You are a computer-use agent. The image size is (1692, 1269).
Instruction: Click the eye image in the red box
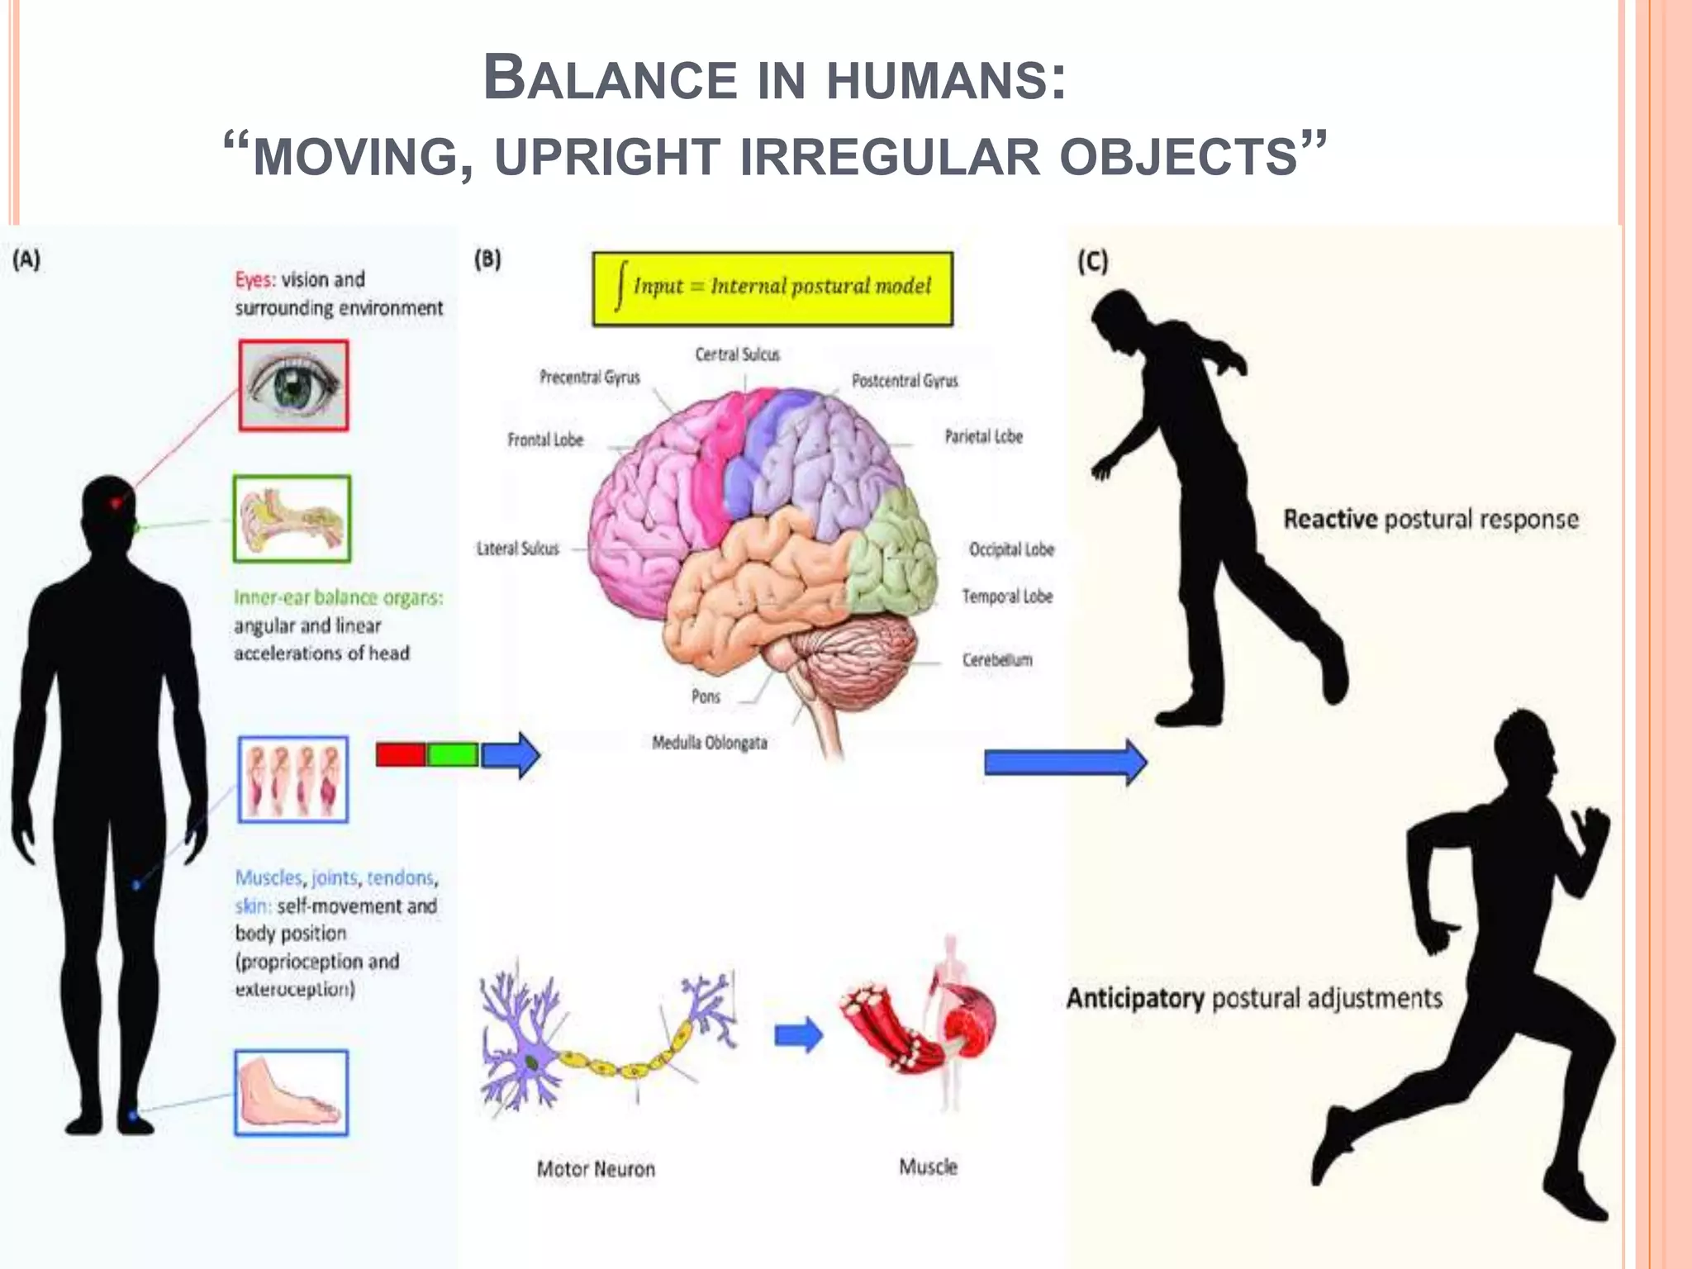pos(293,386)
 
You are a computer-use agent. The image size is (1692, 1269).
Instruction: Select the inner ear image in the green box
pos(292,519)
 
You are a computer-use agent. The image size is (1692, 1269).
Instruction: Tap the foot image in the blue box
pos(291,1093)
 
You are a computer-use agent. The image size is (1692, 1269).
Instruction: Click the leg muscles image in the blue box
pos(293,779)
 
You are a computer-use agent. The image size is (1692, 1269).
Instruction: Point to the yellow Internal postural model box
pos(772,288)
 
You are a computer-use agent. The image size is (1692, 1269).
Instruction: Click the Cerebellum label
pos(997,659)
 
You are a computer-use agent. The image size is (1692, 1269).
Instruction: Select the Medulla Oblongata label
pos(709,743)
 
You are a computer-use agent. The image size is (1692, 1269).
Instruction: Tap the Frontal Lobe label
pos(545,440)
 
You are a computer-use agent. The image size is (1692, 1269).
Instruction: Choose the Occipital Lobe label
pos(1011,549)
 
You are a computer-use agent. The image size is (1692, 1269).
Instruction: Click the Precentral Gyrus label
pos(589,378)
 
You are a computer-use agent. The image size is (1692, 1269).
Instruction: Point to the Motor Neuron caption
pos(596,1169)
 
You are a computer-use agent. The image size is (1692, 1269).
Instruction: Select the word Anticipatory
pos(1135,998)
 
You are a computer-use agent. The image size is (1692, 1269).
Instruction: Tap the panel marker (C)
pos(1092,261)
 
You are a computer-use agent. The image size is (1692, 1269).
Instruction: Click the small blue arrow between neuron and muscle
pos(798,1035)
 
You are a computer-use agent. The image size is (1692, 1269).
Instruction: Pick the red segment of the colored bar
pos(401,754)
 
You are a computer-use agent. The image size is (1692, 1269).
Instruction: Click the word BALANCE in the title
pos(610,79)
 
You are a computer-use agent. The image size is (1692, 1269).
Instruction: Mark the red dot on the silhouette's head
pos(116,502)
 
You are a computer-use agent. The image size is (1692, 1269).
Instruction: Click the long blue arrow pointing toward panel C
pos(1064,762)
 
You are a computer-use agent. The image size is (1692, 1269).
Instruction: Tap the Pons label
pos(706,696)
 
